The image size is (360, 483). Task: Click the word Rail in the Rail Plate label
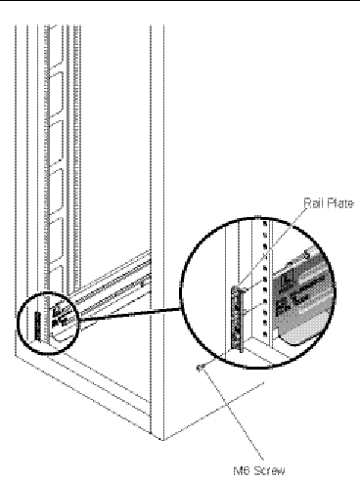[312, 203]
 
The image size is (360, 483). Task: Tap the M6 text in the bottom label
[241, 470]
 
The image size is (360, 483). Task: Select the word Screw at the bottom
[269, 470]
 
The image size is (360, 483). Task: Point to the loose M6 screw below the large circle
[201, 367]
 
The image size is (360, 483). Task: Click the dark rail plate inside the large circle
[235, 318]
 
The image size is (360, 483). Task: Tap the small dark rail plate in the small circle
[38, 327]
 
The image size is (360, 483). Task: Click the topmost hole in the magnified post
[265, 224]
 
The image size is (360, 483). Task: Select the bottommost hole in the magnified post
[265, 334]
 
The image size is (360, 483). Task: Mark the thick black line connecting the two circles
[130, 314]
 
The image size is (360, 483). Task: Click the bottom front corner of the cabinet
[162, 440]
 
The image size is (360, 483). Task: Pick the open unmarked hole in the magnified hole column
[265, 257]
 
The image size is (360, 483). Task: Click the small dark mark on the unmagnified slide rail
[142, 285]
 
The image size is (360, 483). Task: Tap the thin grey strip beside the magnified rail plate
[243, 321]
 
